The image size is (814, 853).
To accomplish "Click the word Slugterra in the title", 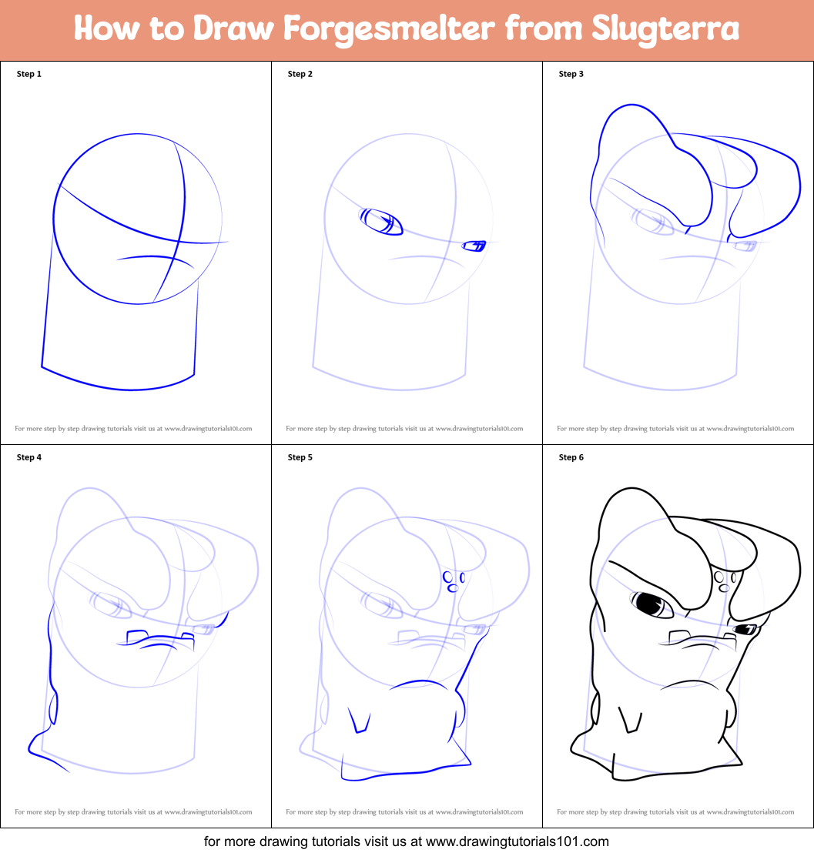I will click(666, 29).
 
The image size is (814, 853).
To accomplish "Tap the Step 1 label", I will click(29, 74).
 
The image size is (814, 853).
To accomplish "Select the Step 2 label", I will click(300, 74).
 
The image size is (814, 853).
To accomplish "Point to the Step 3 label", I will click(571, 74).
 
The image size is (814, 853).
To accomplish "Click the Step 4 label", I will click(29, 457).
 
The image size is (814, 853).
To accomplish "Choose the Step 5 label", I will click(300, 457).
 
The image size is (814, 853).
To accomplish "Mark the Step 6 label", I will click(571, 457).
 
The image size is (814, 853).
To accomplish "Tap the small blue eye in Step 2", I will click(474, 246).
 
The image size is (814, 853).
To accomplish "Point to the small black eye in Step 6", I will click(745, 630).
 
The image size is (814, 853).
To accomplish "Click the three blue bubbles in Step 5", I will click(453, 580).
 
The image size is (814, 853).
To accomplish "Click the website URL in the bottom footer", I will click(517, 841).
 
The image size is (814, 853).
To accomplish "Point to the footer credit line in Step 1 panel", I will click(134, 428).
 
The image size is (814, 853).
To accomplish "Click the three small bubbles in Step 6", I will click(724, 580).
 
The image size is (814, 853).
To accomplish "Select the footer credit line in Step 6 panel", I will click(676, 811).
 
